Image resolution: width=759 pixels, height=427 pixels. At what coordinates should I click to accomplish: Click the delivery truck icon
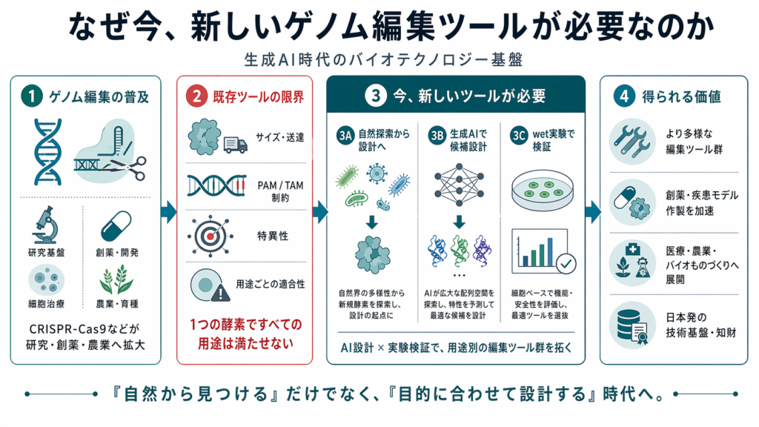coord(235,144)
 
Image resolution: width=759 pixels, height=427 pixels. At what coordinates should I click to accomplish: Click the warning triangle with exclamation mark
coord(220,293)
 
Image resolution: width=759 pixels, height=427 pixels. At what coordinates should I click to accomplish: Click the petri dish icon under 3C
coord(542,185)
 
